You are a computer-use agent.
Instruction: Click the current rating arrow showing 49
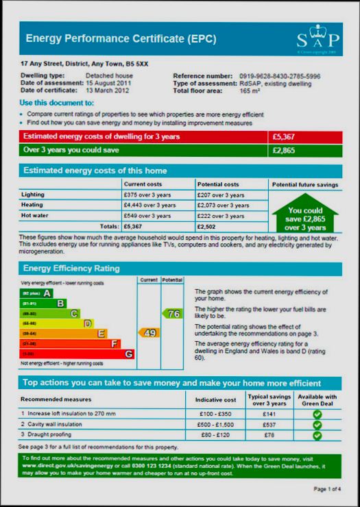pyautogui.click(x=149, y=333)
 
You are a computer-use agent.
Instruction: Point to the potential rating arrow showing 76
pyautogui.click(x=172, y=314)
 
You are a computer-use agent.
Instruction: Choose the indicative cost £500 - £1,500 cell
pyautogui.click(x=216, y=425)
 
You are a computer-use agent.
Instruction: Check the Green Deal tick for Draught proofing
pyautogui.click(x=317, y=436)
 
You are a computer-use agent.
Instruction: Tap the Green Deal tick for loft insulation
pyautogui.click(x=317, y=414)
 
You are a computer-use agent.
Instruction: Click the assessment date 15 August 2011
pyautogui.click(x=108, y=83)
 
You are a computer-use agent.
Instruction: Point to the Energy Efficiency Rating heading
pyautogui.click(x=72, y=269)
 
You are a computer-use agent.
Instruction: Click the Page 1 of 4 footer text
pyautogui.click(x=326, y=489)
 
